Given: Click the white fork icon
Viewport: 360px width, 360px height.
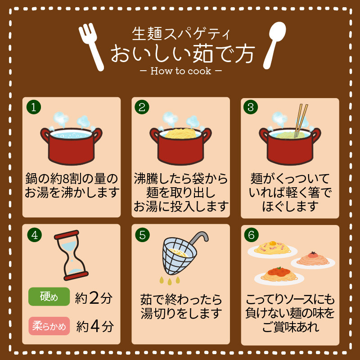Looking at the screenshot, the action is click(x=91, y=47).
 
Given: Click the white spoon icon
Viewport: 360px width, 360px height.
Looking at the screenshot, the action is click(x=274, y=45).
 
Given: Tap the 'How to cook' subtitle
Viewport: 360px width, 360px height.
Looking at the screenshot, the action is click(x=181, y=71).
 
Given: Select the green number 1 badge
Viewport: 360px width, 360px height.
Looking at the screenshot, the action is click(x=34, y=107).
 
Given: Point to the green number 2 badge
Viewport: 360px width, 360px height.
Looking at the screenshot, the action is click(x=142, y=107).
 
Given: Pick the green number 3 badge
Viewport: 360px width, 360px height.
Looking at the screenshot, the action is click(x=251, y=107).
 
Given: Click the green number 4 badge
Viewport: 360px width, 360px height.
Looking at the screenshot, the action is click(x=35, y=235).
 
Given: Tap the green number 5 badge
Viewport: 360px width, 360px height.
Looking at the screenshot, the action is click(x=142, y=235).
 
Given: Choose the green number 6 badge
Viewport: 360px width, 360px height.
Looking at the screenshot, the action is click(x=252, y=235).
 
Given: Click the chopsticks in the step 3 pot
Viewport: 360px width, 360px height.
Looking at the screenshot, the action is click(x=301, y=121).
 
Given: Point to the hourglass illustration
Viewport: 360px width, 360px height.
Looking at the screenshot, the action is click(x=71, y=255).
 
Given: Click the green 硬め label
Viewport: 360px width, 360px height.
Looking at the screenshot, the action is click(x=49, y=297).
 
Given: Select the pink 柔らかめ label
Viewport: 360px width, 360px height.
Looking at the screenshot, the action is click(x=49, y=326).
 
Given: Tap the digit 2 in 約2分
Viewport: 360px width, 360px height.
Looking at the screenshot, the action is click(x=94, y=298).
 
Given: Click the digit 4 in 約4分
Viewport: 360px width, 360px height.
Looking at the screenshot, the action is click(x=95, y=326).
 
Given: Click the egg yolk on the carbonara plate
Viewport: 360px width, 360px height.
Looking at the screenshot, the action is click(x=273, y=243).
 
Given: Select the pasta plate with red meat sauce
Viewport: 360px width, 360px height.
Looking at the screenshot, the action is click(x=279, y=276).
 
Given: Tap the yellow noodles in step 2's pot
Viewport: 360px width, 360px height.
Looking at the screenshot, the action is click(x=181, y=133).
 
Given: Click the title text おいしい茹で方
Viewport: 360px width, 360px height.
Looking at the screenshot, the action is click(x=183, y=54).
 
